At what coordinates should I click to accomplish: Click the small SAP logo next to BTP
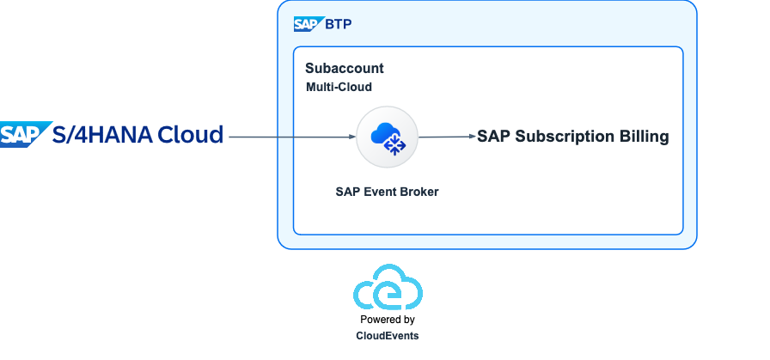[x=307, y=24]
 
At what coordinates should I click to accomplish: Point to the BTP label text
[x=339, y=24]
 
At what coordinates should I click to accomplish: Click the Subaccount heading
[x=344, y=69]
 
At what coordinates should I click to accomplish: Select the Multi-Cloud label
[x=339, y=88]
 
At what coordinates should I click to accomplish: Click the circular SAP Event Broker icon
[x=387, y=137]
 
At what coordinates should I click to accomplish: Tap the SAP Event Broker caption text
[x=387, y=192]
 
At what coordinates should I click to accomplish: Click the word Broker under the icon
[x=419, y=192]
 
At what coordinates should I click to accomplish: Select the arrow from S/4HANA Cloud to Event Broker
[x=292, y=137]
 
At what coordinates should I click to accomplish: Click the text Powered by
[x=387, y=320]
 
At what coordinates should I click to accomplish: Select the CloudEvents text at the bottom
[x=387, y=335]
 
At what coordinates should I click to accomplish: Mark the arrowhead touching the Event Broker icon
[x=352, y=137]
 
